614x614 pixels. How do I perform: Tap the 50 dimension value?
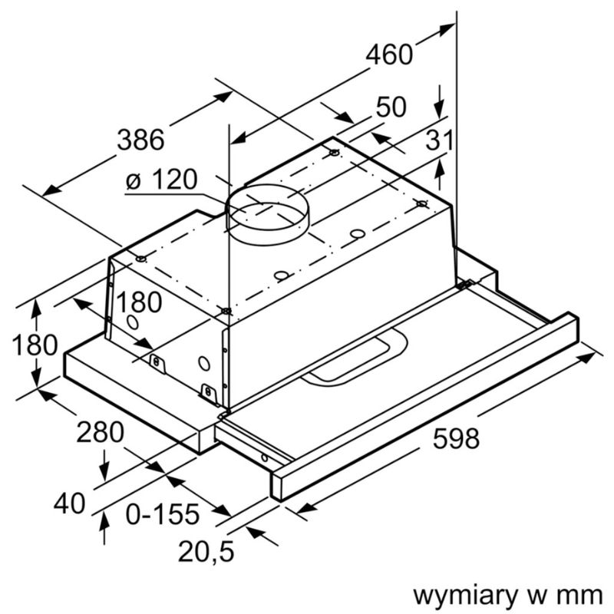tap(391, 107)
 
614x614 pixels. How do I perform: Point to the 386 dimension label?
tap(140, 140)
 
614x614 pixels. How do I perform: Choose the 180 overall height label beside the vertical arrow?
tap(35, 345)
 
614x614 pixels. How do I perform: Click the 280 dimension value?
tap(100, 433)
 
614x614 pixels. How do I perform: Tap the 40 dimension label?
tap(70, 503)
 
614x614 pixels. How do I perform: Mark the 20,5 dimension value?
tap(206, 551)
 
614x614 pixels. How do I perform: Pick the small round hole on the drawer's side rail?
tap(266, 458)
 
